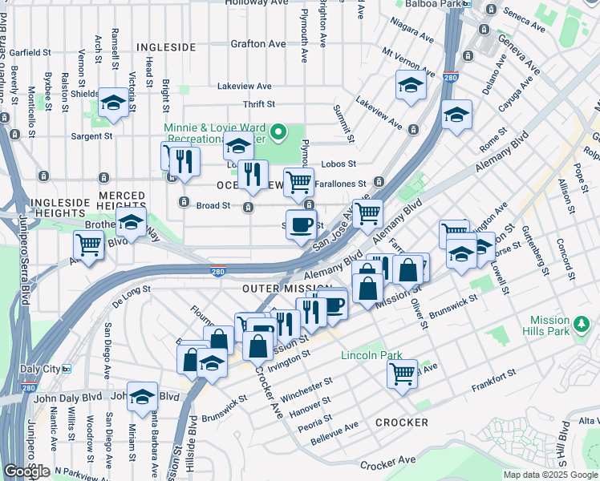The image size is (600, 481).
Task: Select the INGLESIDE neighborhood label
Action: [166, 47]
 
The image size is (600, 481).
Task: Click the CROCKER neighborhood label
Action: [401, 422]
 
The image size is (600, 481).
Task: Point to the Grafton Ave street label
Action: [258, 43]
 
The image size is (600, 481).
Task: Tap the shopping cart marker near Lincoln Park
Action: [403, 373]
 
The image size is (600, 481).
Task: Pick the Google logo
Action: [26, 471]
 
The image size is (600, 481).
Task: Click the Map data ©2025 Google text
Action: [551, 475]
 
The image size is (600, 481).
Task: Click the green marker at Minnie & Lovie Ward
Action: [278, 131]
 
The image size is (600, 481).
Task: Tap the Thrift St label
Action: [259, 104]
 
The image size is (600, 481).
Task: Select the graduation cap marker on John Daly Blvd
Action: [142, 398]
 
